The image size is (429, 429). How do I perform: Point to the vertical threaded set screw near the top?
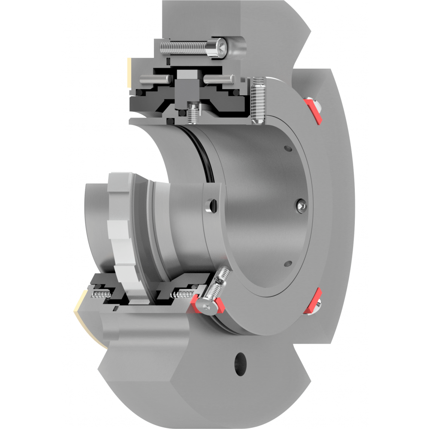(x=259, y=101)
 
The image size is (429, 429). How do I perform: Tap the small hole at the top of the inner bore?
(x=288, y=149)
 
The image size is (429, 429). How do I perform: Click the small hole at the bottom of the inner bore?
(x=288, y=263)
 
